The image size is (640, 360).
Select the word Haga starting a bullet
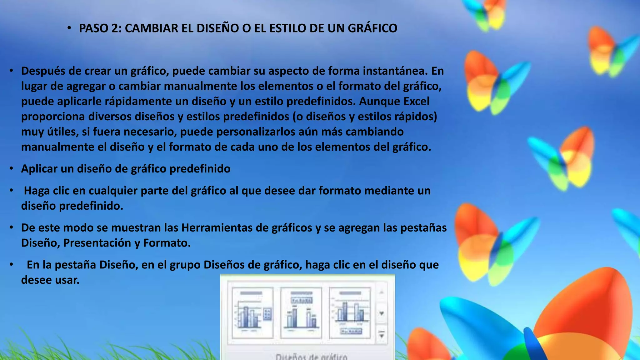point(37,191)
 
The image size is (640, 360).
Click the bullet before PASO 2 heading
point(69,28)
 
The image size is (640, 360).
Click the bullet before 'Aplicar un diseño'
point(11,169)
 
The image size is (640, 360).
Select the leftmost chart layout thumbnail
point(252,313)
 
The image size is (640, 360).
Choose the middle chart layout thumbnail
point(301,313)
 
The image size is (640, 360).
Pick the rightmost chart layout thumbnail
point(350,313)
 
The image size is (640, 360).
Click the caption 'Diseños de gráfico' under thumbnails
point(311,357)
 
